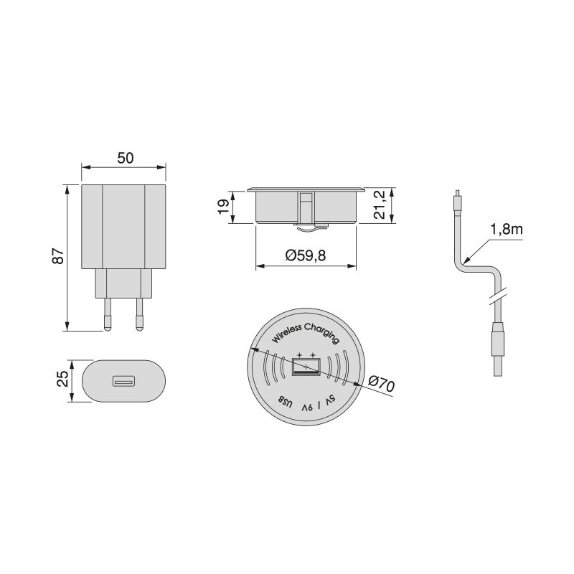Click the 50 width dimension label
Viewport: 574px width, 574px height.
point(125,159)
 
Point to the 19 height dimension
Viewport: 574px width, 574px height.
point(224,206)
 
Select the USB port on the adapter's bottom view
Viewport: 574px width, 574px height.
point(122,380)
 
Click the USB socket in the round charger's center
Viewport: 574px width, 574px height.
point(306,367)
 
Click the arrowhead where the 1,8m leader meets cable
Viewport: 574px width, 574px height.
point(467,259)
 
